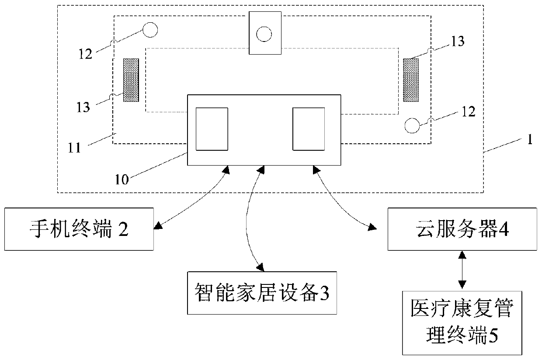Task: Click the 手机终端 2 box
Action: coord(79,229)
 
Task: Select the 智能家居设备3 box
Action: coord(262,293)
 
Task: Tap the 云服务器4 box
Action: coord(462,229)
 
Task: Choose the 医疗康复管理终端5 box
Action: coord(462,323)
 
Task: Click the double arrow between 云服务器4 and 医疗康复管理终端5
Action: coord(462,270)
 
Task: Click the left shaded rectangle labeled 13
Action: coord(131,80)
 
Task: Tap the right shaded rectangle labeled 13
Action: coord(411,80)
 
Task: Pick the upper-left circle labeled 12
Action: coord(150,30)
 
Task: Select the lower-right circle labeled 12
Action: coord(412,125)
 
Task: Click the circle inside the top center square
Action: coord(264,34)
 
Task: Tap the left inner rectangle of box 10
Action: coord(212,129)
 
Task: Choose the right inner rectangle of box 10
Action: coord(309,129)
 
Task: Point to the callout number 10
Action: coord(122,180)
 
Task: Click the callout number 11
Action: coord(74,148)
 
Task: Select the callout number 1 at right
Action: coord(530,139)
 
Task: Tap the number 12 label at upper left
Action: coord(85,54)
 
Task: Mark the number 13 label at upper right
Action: coord(458,42)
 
